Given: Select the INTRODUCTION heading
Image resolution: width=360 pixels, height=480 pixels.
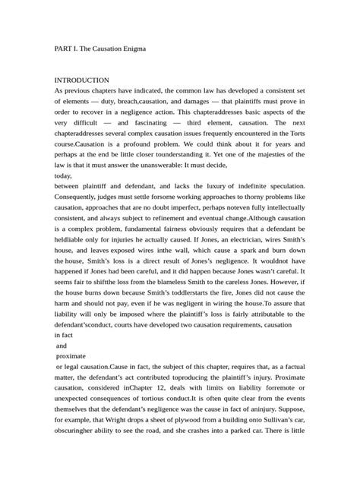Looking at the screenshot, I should [x=82, y=80].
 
